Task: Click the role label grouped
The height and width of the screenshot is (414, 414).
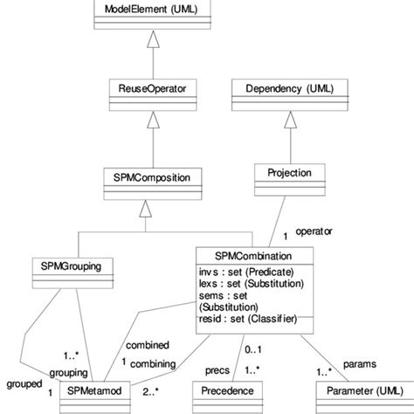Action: click(21, 382)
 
